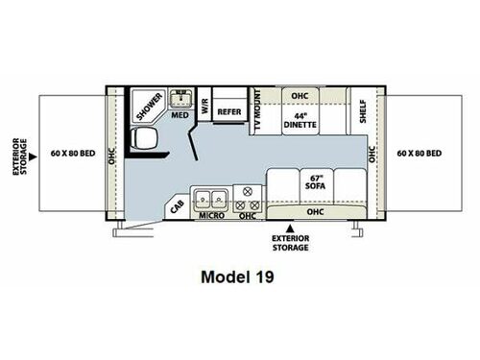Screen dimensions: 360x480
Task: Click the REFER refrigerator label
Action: [228, 111]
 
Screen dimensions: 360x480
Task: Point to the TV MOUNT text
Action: [256, 113]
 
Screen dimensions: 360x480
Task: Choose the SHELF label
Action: [363, 112]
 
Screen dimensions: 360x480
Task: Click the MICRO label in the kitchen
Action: [211, 216]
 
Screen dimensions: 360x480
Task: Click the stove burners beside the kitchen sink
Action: [248, 200]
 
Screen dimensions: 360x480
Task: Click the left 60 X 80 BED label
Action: [73, 155]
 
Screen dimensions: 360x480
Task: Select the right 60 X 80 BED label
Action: [419, 155]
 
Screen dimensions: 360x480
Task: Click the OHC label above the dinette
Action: [299, 96]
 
